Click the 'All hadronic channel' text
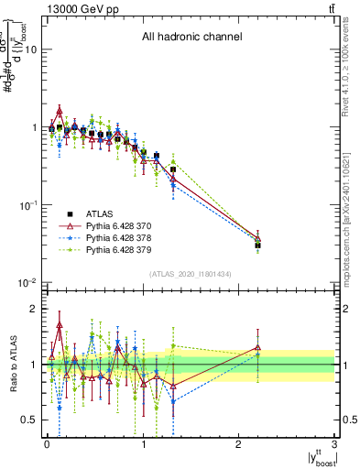(191, 38)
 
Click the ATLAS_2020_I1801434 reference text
(191, 273)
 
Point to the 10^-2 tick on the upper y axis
(27, 282)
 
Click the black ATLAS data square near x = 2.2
(257, 245)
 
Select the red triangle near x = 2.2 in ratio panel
(257, 348)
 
